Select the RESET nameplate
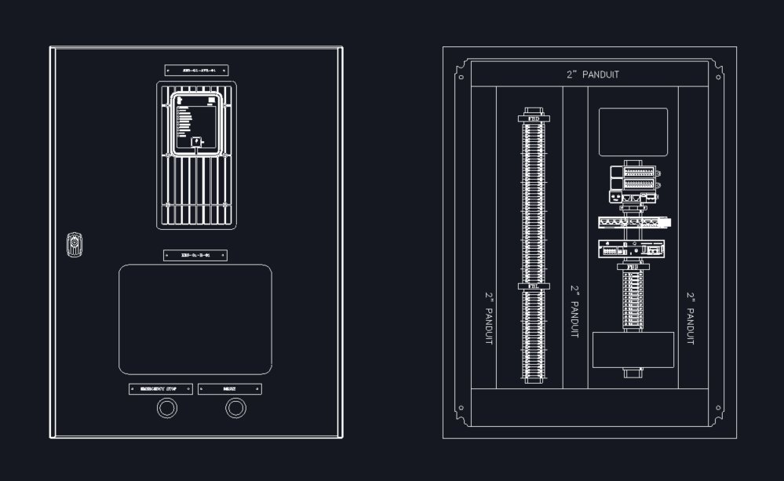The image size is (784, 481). click(229, 388)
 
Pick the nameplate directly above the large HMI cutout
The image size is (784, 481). click(195, 255)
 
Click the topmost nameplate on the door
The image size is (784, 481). click(196, 70)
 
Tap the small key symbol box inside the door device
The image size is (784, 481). click(195, 143)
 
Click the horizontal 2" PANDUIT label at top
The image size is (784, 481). click(593, 75)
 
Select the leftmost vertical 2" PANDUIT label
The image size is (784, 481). click(490, 319)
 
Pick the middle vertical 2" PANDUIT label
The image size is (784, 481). click(575, 312)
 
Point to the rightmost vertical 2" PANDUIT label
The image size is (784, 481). click(691, 319)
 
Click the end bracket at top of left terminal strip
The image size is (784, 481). click(534, 118)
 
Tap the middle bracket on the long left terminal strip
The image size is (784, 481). click(534, 286)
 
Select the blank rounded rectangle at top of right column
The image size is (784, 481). click(633, 131)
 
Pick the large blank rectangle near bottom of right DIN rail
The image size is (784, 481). click(633, 350)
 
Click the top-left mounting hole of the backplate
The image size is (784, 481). click(461, 76)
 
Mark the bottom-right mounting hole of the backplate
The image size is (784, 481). click(718, 407)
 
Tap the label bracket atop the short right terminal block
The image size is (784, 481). click(633, 268)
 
